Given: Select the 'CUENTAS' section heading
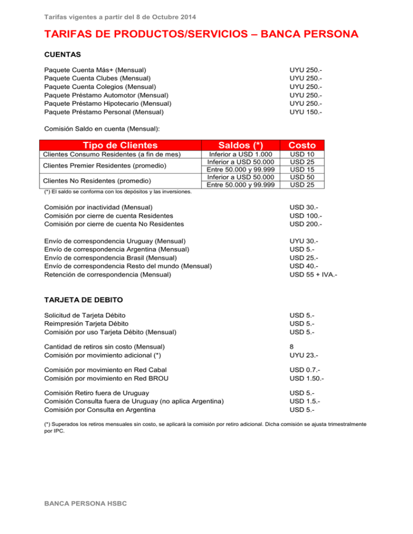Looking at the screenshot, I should click(x=62, y=54).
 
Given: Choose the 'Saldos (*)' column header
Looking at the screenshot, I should click(x=241, y=145).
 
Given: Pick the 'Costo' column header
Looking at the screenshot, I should click(x=302, y=145).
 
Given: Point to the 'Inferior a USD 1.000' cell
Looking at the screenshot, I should click(x=241, y=155).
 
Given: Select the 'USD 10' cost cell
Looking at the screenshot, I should click(x=302, y=155).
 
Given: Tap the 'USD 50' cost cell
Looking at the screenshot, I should click(x=302, y=177).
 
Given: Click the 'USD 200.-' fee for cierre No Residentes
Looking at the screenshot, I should click(x=307, y=223).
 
